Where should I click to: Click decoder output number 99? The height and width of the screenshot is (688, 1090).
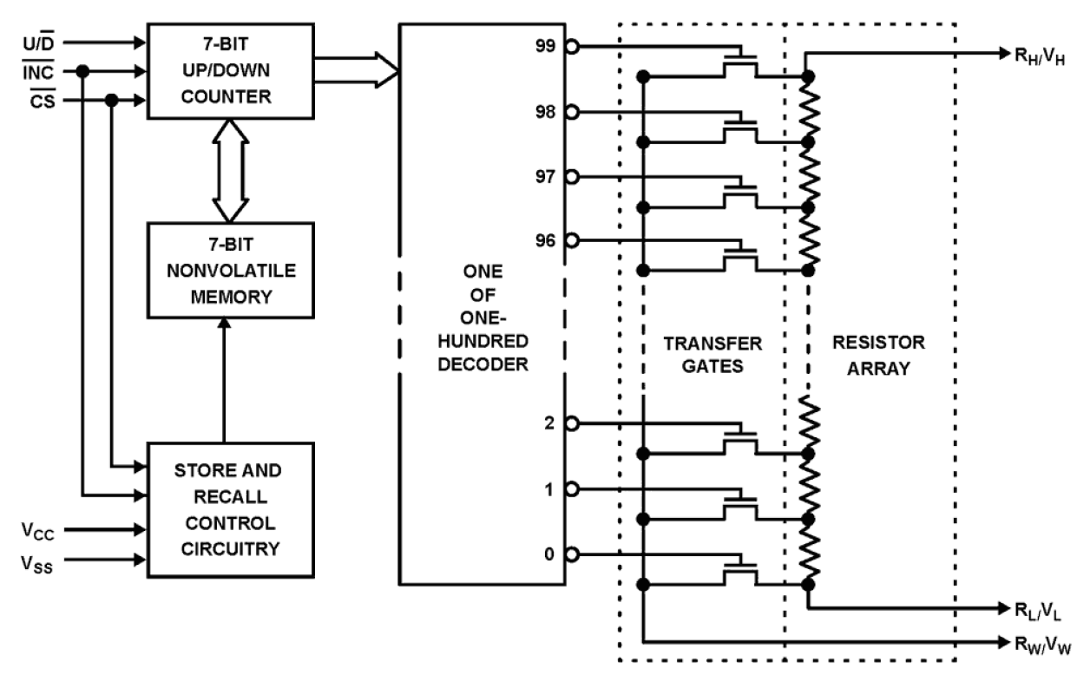coord(545,46)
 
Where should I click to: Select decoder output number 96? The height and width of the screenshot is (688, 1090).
coord(545,240)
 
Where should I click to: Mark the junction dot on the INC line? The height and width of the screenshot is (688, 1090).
coord(83,71)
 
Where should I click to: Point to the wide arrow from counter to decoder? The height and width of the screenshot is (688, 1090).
coord(356,69)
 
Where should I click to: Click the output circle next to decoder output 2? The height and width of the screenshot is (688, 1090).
coord(571,423)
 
